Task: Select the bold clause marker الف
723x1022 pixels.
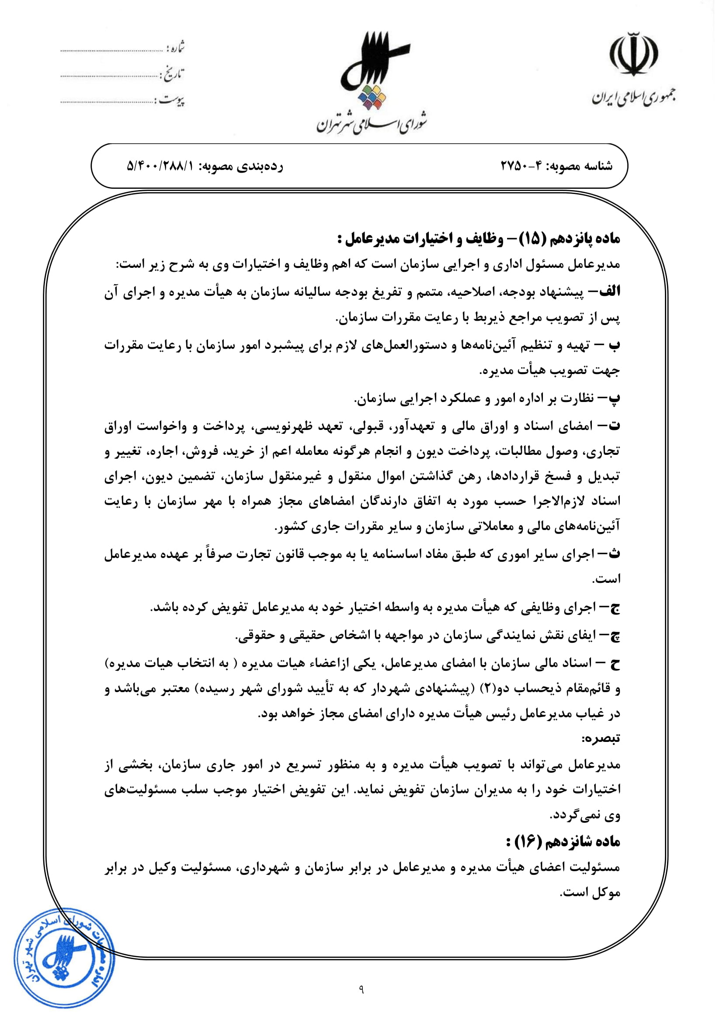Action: [609, 291]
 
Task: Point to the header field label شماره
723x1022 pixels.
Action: [175, 47]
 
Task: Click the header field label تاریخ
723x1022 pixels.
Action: [173, 74]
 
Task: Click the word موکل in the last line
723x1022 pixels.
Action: [606, 892]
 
